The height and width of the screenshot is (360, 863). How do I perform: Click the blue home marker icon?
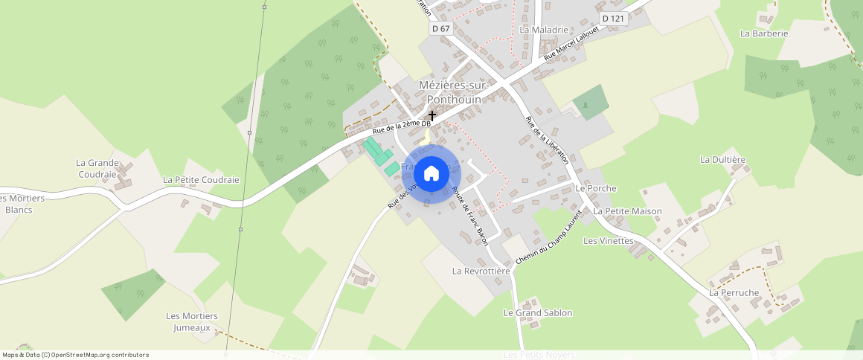[431, 174]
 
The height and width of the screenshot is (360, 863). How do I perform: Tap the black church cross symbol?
[432, 116]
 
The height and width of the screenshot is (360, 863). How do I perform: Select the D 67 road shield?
[440, 28]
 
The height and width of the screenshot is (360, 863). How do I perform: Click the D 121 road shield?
[615, 18]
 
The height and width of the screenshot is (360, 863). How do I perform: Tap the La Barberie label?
[763, 33]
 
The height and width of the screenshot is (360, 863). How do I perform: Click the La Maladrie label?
[544, 30]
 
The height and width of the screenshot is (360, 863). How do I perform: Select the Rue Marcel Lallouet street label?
[571, 42]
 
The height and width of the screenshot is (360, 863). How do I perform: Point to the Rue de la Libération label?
[547, 139]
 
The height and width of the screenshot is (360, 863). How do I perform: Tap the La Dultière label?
[722, 159]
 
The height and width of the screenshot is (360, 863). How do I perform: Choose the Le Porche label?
[596, 188]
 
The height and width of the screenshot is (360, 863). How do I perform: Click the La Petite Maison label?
[627, 211]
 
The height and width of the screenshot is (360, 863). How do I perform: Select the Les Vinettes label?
[608, 240]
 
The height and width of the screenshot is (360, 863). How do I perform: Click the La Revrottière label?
[481, 271]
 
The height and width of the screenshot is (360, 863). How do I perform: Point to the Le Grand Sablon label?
[538, 312]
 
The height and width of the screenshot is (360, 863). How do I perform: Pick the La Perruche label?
[734, 292]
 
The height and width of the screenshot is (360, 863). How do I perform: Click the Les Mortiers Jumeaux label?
[192, 321]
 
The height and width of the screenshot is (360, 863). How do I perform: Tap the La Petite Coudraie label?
[201, 180]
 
